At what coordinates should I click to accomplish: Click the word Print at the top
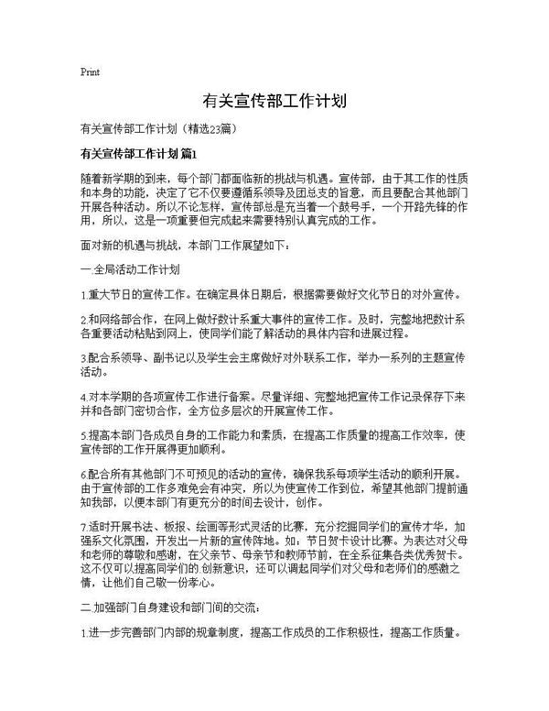pos(90,71)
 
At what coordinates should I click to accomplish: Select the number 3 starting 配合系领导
pos(83,359)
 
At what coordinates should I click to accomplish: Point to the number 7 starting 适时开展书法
pos(83,528)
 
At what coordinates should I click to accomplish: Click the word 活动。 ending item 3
pos(94,372)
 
